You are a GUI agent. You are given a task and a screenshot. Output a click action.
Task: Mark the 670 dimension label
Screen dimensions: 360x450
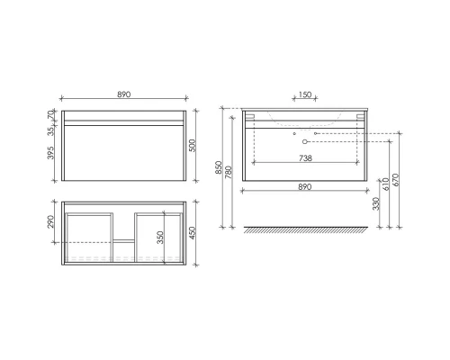click(x=397, y=179)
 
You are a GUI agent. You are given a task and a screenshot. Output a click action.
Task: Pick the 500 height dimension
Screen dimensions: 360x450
click(x=193, y=146)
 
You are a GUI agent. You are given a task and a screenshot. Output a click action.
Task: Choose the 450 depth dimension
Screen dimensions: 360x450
click(x=193, y=232)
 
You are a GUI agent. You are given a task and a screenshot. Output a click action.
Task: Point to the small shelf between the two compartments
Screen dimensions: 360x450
click(x=123, y=240)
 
